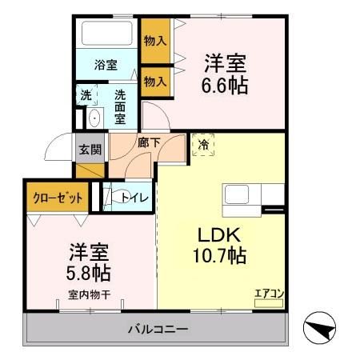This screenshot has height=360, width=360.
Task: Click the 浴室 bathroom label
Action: click(106, 64)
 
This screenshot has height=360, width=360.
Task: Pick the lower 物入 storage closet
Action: click(155, 81)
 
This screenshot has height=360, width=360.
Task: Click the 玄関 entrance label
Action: click(90, 149)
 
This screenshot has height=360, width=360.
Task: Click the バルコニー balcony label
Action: click(158, 329)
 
